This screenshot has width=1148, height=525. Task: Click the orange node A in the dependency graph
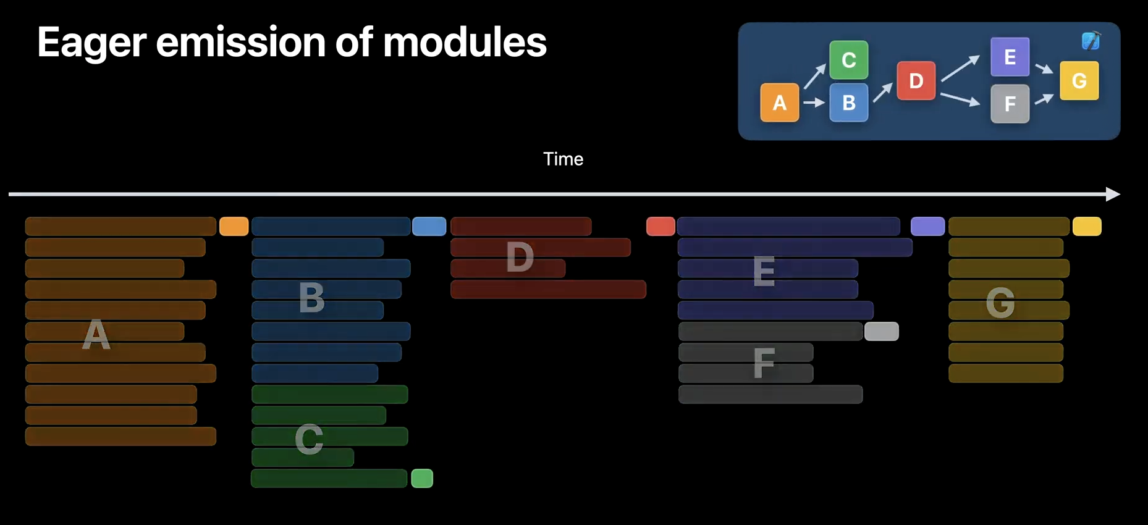779,103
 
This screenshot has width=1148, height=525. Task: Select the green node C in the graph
848,60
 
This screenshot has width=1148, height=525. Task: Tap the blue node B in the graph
848,103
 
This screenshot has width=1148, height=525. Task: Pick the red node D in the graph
916,80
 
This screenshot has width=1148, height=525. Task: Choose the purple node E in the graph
1010,57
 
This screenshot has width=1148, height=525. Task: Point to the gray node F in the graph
1010,104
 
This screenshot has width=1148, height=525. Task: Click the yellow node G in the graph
1079,80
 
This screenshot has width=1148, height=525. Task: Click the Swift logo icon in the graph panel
1091,41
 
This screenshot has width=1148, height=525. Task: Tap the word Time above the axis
563,159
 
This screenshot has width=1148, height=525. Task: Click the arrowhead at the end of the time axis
1112,194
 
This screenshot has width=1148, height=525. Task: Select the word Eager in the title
92,43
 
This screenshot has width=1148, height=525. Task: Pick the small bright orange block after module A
234,226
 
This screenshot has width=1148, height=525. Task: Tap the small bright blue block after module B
429,226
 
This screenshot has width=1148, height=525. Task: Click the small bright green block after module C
422,478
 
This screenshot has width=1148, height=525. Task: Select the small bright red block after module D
660,226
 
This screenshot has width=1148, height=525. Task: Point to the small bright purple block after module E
927,226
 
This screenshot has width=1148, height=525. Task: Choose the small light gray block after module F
881,331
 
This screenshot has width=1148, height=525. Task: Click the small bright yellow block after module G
1087,226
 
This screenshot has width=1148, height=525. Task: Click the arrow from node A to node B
814,103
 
